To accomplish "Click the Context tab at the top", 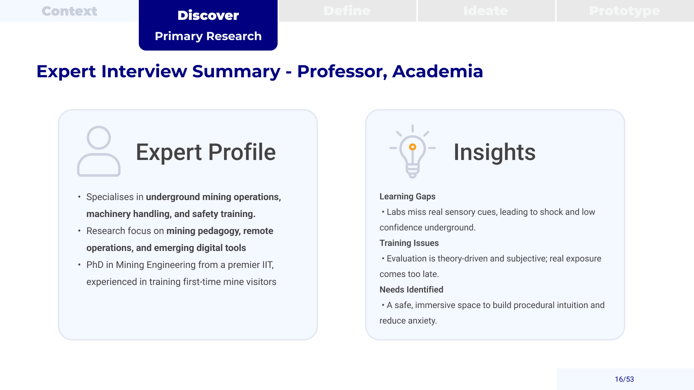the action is tap(69, 11).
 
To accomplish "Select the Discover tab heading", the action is tap(208, 15).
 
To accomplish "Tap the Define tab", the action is tap(347, 11).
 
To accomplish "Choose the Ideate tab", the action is tap(486, 11).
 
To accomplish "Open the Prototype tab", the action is tap(625, 11).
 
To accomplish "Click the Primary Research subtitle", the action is tap(208, 36).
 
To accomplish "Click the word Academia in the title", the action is tap(438, 71).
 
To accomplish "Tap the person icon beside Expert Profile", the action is tap(99, 151).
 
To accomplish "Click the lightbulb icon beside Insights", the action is tap(412, 152).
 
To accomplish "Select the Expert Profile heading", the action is tap(206, 152).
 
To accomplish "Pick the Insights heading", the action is tap(494, 152).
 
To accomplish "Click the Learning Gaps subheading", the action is tap(407, 196).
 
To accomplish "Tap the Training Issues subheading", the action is tap(409, 243).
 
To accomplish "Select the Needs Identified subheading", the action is tap(411, 290).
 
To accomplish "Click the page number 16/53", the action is tap(624, 379).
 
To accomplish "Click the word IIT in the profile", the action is tap(268, 265).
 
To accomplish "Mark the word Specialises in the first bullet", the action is tap(110, 197).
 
